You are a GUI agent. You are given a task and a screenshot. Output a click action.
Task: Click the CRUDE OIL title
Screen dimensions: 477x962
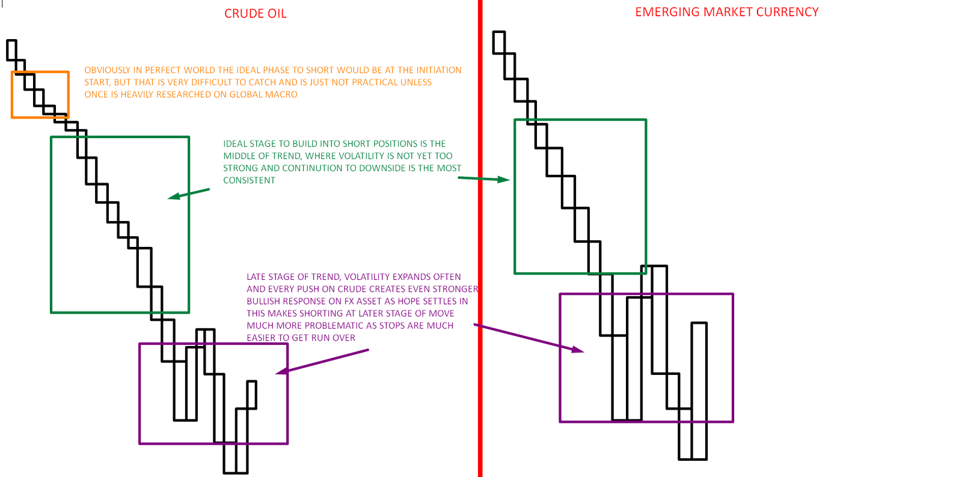pyautogui.click(x=255, y=14)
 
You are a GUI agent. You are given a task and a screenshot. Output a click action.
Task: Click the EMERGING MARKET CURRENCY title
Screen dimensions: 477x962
pyautogui.click(x=726, y=12)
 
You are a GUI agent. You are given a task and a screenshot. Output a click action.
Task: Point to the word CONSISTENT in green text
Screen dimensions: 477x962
pyautogui.click(x=249, y=180)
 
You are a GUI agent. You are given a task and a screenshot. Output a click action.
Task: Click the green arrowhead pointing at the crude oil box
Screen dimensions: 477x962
pyautogui.click(x=173, y=196)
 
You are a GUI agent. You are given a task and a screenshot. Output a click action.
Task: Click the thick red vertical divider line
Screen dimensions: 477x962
pyautogui.click(x=480, y=240)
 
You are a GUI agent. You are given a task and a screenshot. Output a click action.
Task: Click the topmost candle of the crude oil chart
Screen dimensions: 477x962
pyautogui.click(x=11, y=50)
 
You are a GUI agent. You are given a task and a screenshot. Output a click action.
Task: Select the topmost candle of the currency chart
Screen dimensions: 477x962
pyautogui.click(x=498, y=42)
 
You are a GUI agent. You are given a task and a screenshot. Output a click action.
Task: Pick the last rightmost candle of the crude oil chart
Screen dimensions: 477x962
pyautogui.click(x=252, y=395)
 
